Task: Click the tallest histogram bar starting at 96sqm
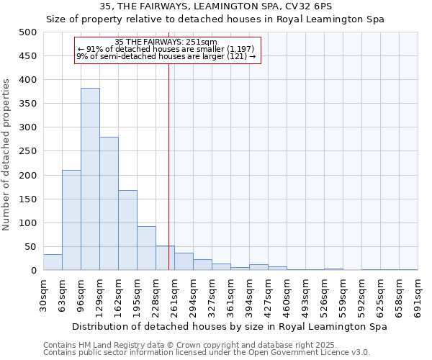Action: pyautogui.click(x=90, y=179)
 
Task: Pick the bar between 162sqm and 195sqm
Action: pyautogui.click(x=127, y=230)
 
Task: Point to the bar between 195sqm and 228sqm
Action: pyautogui.click(x=146, y=248)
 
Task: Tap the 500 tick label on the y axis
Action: pyautogui.click(x=27, y=32)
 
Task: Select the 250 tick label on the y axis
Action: pyautogui.click(x=27, y=151)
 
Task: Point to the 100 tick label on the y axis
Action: pyautogui.click(x=27, y=223)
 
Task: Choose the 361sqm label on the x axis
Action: pyautogui.click(x=230, y=296)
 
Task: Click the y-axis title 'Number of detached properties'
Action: pyautogui.click(x=8, y=151)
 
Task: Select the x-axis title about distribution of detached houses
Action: pyautogui.click(x=230, y=326)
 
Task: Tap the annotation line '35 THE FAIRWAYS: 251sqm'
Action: pyautogui.click(x=166, y=42)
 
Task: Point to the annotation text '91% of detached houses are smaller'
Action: pyautogui.click(x=166, y=49)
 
